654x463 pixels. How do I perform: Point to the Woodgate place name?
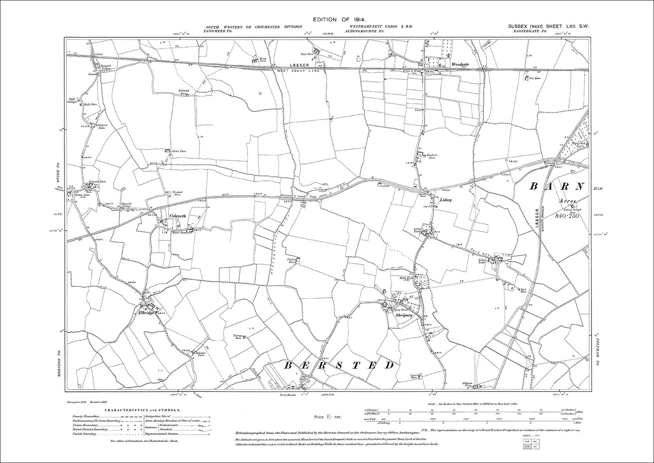pos(460,64)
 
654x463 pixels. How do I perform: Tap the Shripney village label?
pos(405,316)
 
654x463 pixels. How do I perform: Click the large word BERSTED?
pos(337,365)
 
